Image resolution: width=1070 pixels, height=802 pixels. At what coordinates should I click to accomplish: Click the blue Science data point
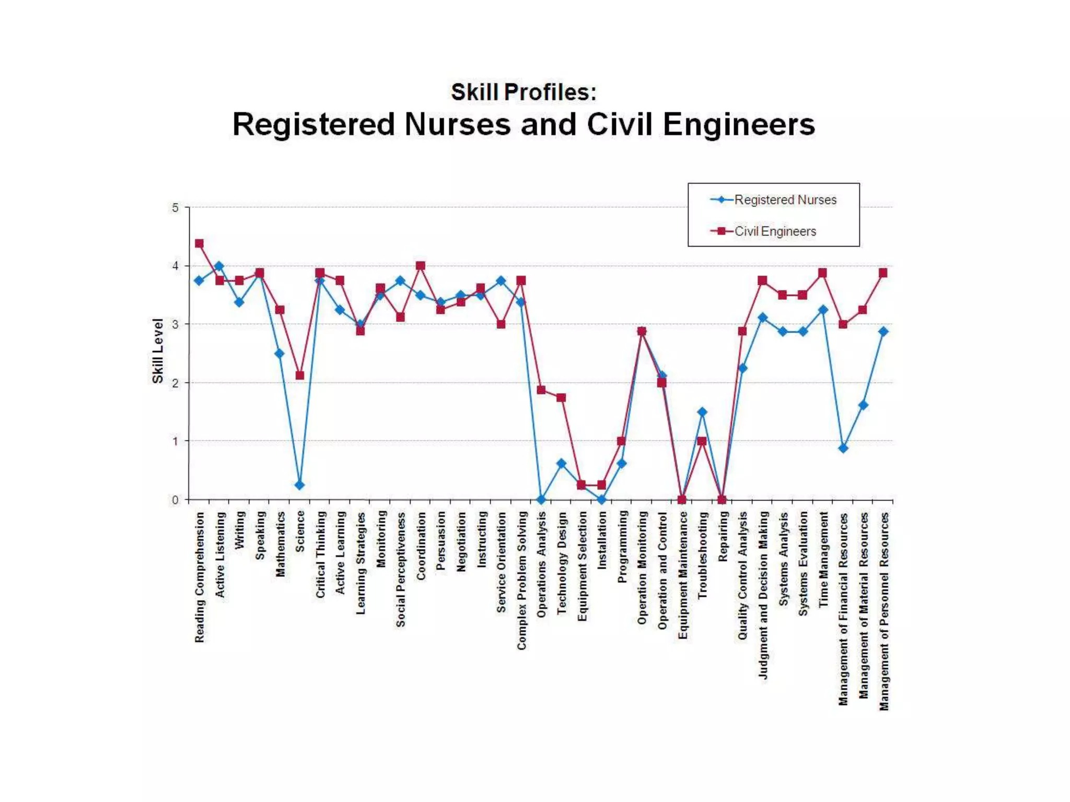point(299,485)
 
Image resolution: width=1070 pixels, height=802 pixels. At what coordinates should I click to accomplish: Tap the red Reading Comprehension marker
point(199,244)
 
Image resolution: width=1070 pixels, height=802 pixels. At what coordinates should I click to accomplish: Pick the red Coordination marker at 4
point(421,266)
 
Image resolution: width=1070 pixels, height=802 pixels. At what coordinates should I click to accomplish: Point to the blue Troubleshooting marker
point(702,412)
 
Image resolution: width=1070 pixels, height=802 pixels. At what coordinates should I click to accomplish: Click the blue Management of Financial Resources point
point(843,448)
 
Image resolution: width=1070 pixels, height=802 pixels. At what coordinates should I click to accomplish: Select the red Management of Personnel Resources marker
point(883,273)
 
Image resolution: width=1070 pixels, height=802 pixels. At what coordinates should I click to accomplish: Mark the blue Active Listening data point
point(219,266)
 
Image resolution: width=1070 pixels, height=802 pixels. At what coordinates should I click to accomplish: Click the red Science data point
point(300,375)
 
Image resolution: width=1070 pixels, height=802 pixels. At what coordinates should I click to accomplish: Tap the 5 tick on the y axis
point(176,208)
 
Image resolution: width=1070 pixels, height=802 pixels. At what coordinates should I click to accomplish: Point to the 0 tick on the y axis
point(176,500)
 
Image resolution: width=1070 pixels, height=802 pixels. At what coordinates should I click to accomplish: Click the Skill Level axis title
point(158,351)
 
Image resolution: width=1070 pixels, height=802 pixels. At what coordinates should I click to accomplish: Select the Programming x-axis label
point(622,546)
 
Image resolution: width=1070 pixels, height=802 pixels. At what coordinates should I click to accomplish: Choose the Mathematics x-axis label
point(281,544)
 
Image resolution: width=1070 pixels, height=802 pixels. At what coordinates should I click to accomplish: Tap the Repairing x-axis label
point(723,536)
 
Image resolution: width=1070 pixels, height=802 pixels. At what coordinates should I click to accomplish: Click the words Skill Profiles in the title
point(523,92)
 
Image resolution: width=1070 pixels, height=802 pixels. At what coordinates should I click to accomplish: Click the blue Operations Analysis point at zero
point(541,500)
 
